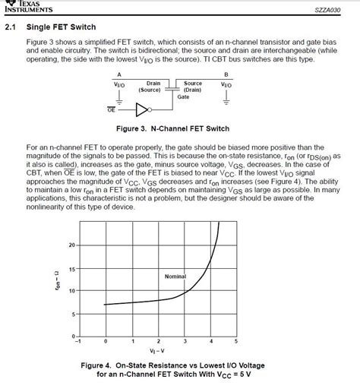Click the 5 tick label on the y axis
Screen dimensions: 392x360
tap(73, 314)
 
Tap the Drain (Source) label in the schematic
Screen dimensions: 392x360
tap(150, 86)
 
